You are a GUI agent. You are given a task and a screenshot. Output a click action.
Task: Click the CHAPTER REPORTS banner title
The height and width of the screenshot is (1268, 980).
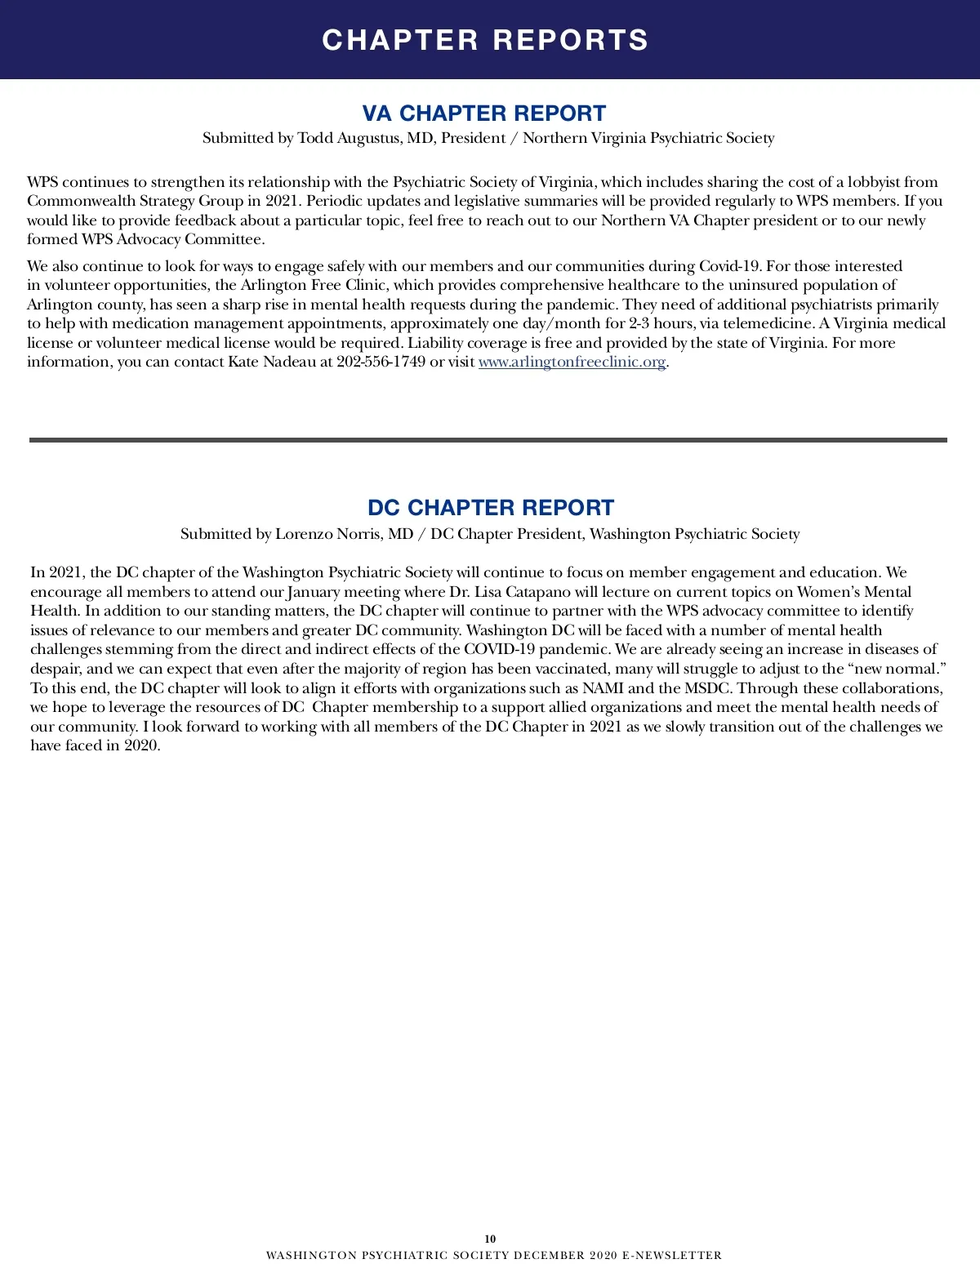coord(485,40)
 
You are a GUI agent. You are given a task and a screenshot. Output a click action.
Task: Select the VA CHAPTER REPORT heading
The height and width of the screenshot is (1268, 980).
coord(484,113)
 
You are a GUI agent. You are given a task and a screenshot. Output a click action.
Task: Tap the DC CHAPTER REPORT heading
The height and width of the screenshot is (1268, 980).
coord(490,508)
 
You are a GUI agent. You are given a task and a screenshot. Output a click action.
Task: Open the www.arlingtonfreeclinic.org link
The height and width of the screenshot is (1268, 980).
coord(572,362)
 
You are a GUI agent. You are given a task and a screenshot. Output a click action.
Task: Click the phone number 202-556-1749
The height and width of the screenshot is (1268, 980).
coord(381,362)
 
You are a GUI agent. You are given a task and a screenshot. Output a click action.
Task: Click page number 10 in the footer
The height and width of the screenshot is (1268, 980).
coord(490,1239)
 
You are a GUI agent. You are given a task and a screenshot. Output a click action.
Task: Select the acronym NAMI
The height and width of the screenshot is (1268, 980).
coord(603,688)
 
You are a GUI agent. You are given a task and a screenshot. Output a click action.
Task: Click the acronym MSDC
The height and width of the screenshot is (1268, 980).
coord(706,688)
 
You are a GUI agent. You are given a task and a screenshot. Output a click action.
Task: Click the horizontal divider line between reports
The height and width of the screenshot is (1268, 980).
coord(488,440)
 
